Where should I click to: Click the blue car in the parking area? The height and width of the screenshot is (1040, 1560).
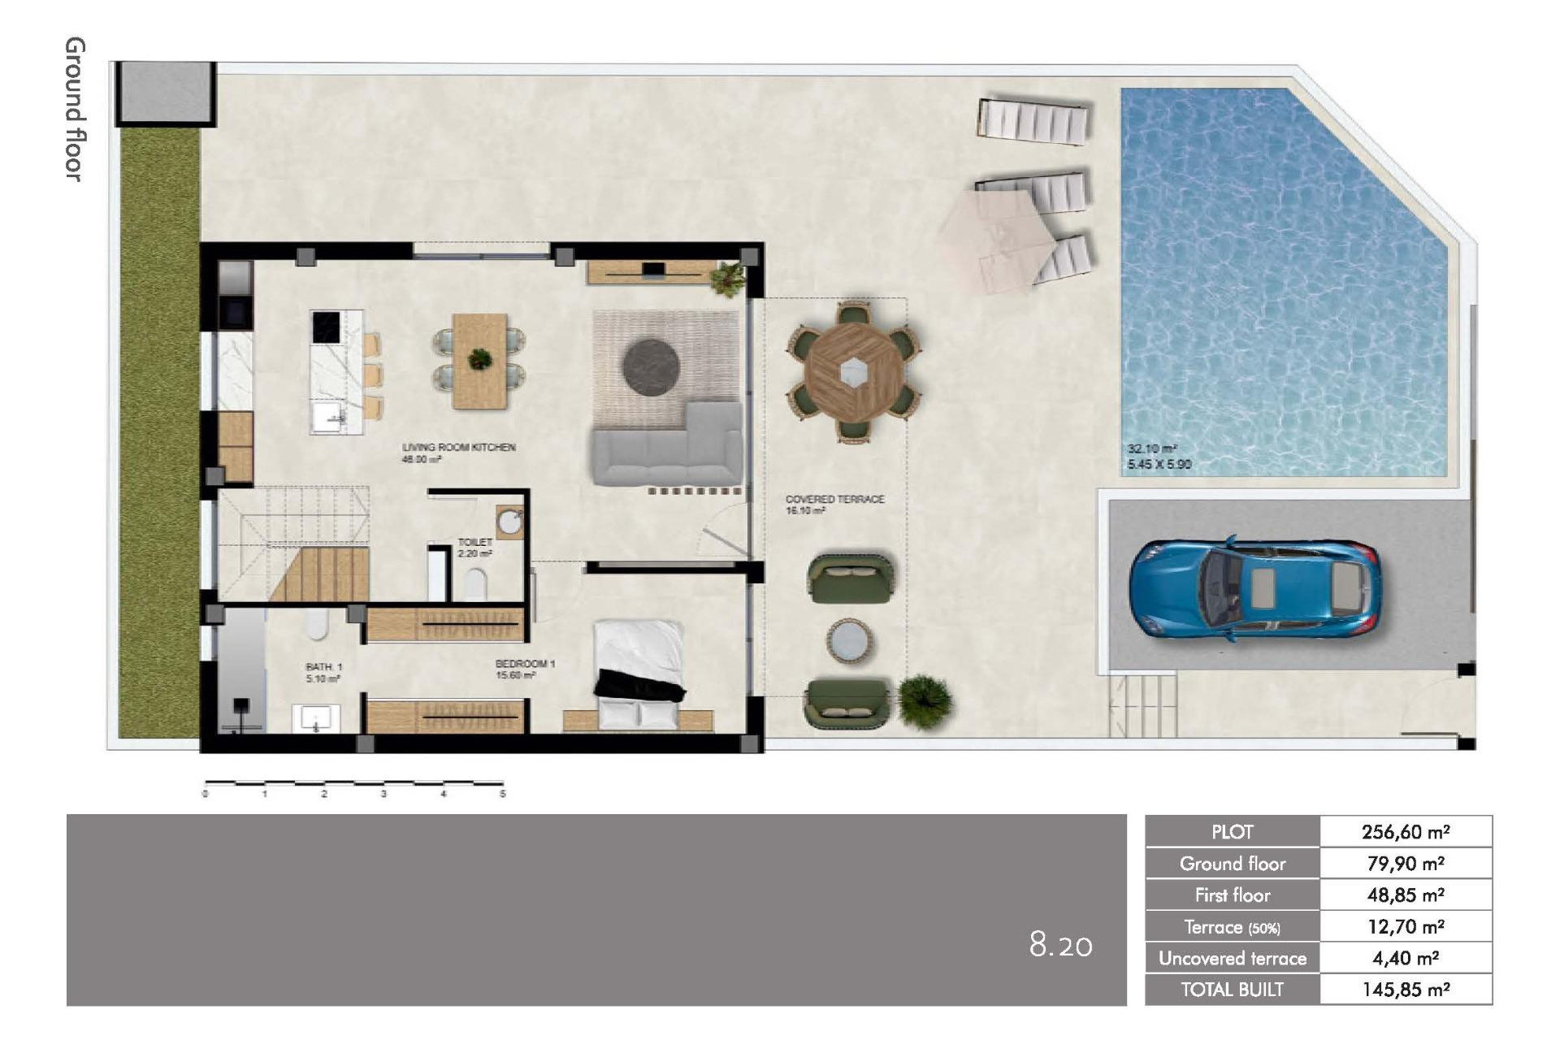click(1255, 587)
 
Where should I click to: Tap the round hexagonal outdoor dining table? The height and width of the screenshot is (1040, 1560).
click(853, 373)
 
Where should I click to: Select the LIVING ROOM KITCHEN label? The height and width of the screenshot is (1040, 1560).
click(458, 448)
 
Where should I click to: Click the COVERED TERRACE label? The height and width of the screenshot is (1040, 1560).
click(834, 499)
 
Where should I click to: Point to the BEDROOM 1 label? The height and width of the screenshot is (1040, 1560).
click(525, 664)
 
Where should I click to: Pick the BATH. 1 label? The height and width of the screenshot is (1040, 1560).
click(324, 667)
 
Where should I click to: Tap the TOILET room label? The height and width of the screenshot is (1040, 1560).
click(474, 542)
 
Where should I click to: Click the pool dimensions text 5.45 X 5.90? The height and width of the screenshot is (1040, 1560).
click(1159, 465)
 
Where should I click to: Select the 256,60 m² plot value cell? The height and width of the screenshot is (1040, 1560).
click(1406, 832)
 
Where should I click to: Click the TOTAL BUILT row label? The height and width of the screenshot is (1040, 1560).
click(1232, 990)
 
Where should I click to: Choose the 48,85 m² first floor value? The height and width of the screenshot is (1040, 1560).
click(1406, 895)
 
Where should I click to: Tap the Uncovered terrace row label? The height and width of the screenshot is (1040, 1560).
click(1232, 959)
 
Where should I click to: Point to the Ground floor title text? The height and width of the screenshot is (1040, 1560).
click(74, 109)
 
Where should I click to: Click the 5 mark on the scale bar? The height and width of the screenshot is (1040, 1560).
click(502, 794)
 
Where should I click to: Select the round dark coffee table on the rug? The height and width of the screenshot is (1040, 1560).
click(651, 367)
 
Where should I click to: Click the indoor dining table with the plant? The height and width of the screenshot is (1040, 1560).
click(479, 361)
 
